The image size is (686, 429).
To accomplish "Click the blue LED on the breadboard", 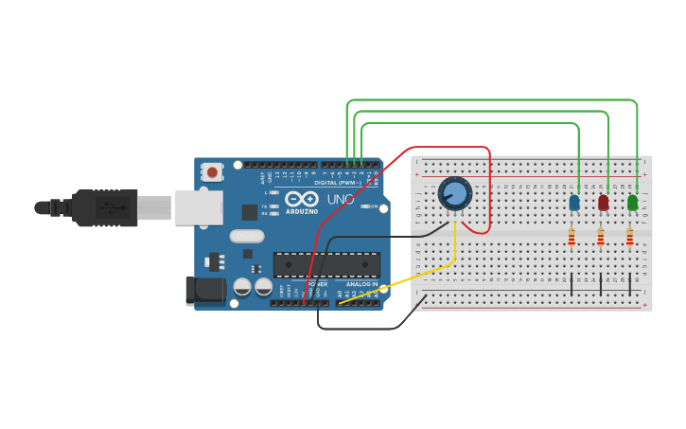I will coord(574,203).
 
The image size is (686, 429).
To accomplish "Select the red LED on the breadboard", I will coord(604,203).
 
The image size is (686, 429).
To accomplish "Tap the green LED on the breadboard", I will coord(632,203).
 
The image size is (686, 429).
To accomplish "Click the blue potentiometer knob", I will coord(455,194).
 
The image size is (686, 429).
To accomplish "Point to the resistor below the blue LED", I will coord(572,238).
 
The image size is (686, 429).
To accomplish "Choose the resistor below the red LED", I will coord(601,238).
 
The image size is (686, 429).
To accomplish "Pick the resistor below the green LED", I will coord(629,238).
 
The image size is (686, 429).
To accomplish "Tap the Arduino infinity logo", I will coord(302,199).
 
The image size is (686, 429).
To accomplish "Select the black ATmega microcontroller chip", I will coord(326,264).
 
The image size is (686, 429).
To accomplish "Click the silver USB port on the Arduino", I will coord(199,206).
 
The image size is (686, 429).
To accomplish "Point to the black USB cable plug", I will coord(104,207).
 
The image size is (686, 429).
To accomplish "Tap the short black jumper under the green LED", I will coord(630,284).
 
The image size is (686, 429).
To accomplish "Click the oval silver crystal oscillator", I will coord(246,236).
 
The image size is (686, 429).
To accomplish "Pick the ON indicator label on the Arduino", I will coord(373,206).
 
